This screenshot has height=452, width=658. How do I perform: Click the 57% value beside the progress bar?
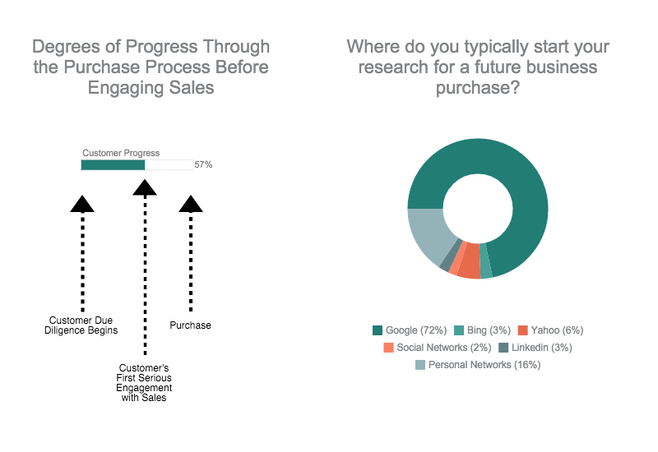[203, 165]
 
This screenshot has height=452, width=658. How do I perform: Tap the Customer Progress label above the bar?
[121, 153]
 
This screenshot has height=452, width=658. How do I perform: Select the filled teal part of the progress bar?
[113, 165]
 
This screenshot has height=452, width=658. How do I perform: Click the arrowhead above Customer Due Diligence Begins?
[82, 204]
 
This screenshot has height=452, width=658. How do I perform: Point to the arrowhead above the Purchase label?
[191, 204]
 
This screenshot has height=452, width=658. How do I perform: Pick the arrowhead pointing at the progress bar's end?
[145, 188]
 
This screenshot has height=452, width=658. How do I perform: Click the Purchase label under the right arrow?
[190, 325]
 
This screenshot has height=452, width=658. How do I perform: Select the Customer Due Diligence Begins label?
[81, 325]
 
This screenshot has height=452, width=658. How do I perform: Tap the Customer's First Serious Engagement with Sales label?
[144, 382]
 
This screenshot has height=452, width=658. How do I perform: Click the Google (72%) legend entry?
[410, 330]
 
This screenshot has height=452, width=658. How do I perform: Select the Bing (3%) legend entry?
[482, 330]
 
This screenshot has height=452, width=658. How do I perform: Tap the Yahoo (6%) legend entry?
[550, 330]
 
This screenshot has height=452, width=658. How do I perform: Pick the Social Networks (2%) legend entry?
[438, 348]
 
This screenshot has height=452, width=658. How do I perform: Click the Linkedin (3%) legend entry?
[535, 348]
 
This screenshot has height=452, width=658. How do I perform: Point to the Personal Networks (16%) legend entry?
[478, 365]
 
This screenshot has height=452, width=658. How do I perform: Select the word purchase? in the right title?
[478, 88]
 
